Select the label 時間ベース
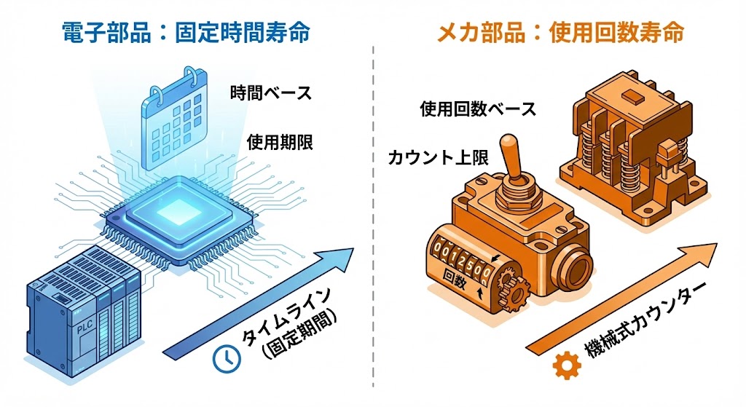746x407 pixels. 270,93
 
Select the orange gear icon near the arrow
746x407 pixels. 565,367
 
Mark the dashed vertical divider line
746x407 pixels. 373,218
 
